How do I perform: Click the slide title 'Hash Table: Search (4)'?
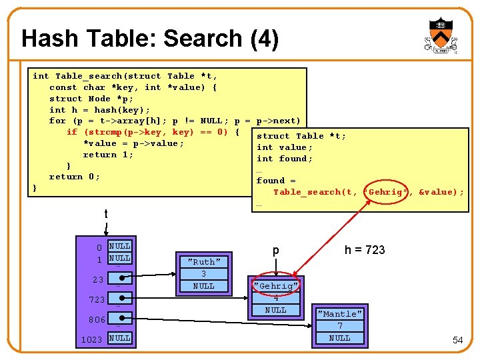click(149, 39)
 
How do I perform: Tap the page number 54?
click(457, 340)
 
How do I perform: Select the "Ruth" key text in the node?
click(204, 262)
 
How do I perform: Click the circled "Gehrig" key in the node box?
click(276, 286)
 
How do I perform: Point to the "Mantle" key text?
click(340, 314)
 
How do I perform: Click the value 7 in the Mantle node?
click(340, 326)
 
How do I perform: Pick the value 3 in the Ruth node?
click(204, 274)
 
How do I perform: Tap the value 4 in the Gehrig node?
click(276, 298)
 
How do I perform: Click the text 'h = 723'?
click(365, 250)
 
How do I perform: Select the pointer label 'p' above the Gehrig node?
click(275, 251)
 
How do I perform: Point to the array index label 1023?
click(91, 339)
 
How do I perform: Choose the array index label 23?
click(98, 279)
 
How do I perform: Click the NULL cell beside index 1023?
click(119, 338)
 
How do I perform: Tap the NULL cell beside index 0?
click(119, 246)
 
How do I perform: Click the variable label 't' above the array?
click(106, 214)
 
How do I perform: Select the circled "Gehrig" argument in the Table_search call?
click(385, 192)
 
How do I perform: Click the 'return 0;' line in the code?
click(74, 177)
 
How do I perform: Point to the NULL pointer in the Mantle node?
click(340, 338)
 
